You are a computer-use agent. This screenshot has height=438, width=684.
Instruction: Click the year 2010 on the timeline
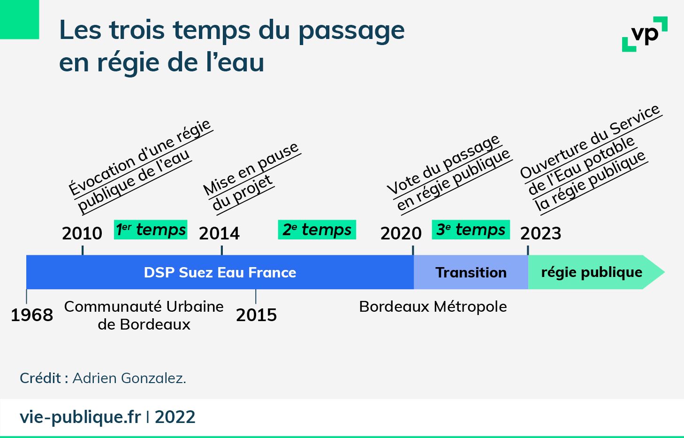click(82, 233)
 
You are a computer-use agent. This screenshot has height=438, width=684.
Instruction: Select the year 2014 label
click(219, 233)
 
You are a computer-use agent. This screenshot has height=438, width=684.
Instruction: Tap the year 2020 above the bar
click(401, 233)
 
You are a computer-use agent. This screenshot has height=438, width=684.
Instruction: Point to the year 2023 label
click(540, 233)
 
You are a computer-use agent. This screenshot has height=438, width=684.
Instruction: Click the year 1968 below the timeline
click(32, 315)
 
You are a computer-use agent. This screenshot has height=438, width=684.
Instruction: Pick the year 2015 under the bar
click(256, 315)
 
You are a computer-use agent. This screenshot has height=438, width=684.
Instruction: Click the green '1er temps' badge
click(151, 230)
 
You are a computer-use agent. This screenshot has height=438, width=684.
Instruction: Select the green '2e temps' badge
click(317, 230)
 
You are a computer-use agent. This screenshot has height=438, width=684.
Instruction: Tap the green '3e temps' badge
click(471, 230)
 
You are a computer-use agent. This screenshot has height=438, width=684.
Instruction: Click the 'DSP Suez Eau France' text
click(220, 272)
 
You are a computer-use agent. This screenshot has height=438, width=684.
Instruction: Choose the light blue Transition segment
click(471, 272)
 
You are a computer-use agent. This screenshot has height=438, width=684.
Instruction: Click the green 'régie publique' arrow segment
click(592, 272)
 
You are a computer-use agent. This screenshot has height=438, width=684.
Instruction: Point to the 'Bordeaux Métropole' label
click(433, 307)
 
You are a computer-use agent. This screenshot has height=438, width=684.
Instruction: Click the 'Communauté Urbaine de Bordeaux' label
click(144, 315)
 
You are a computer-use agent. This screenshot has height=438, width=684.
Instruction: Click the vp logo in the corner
click(645, 34)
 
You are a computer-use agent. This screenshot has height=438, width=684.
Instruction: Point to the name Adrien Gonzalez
click(129, 378)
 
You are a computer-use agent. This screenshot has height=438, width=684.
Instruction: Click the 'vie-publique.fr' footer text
click(80, 417)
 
